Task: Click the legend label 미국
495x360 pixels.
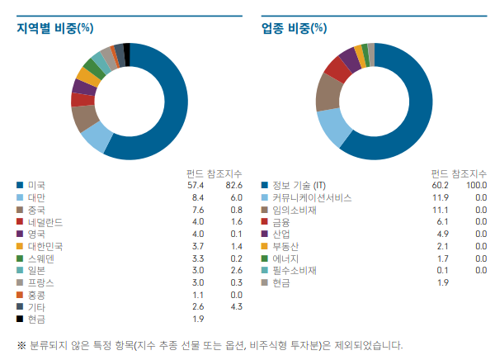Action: click(35, 185)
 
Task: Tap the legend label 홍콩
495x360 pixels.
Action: click(35, 295)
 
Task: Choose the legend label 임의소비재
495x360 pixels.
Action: click(295, 210)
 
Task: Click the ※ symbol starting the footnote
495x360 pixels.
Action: click(21, 344)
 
